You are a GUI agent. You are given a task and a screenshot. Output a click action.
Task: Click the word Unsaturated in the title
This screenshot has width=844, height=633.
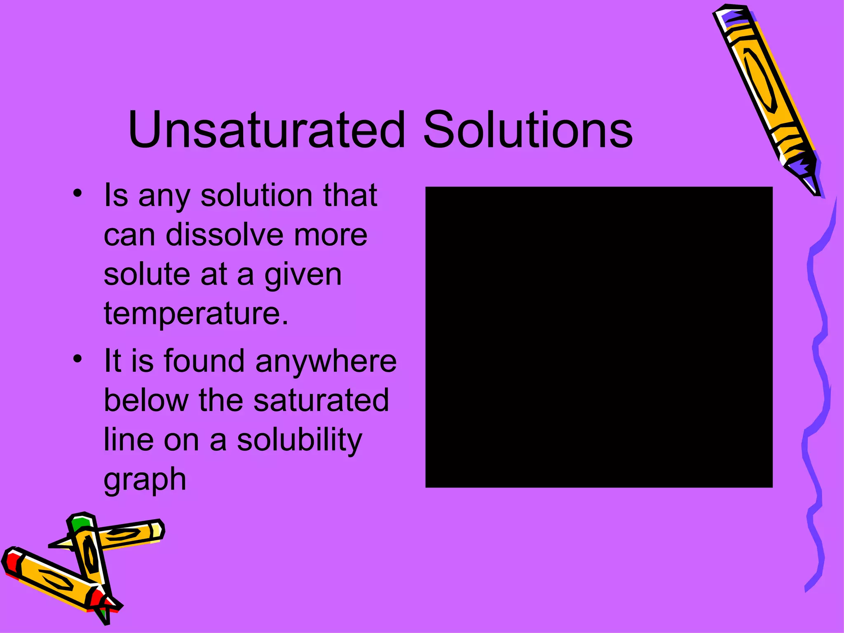tap(267, 129)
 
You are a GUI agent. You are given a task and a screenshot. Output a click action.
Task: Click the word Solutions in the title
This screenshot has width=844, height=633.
tap(528, 129)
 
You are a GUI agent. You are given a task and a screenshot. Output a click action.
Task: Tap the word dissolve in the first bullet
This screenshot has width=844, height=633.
tap(225, 235)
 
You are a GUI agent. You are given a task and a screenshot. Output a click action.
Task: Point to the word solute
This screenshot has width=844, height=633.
tap(147, 274)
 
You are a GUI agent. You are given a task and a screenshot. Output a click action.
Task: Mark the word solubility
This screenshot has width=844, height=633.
tap(300, 440)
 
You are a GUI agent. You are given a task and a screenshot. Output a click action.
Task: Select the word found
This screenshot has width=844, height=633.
tap(204, 361)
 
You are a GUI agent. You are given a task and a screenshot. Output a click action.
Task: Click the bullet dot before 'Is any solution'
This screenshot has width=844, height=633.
tap(77, 193)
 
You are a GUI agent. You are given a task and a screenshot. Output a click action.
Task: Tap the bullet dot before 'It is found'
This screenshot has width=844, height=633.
tap(77, 359)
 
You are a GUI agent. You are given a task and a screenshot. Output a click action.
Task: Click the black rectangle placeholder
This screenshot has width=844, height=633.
tap(598, 337)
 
